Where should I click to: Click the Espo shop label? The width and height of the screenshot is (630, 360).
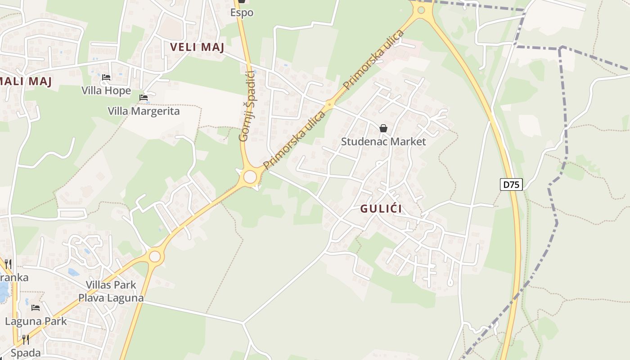pyautogui.click(x=242, y=13)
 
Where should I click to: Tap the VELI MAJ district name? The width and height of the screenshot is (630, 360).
pyautogui.click(x=197, y=47)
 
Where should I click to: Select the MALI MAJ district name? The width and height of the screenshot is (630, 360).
pyautogui.click(x=26, y=81)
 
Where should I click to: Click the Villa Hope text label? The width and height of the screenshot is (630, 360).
pyautogui.click(x=106, y=90)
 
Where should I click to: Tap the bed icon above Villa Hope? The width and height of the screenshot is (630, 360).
pyautogui.click(x=106, y=77)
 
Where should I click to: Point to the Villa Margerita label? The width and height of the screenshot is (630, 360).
pyautogui.click(x=144, y=111)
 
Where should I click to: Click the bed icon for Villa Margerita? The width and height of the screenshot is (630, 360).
pyautogui.click(x=144, y=98)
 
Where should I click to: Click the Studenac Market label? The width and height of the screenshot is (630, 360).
pyautogui.click(x=383, y=141)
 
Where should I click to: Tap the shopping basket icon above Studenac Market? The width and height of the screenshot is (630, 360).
pyautogui.click(x=383, y=129)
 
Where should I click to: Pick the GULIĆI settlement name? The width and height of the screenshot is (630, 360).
pyautogui.click(x=381, y=209)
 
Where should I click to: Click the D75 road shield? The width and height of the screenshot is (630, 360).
pyautogui.click(x=511, y=184)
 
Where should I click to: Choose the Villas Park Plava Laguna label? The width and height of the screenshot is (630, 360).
pyautogui.click(x=111, y=291)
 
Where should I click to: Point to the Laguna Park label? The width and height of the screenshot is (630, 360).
pyautogui.click(x=36, y=321)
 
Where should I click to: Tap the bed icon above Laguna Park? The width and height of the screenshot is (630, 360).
pyautogui.click(x=36, y=308)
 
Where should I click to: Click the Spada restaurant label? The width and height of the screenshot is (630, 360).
pyautogui.click(x=26, y=353)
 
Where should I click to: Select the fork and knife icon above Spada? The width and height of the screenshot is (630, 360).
pyautogui.click(x=26, y=340)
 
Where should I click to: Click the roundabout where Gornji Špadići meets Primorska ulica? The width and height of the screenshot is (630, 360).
pyautogui.click(x=250, y=176)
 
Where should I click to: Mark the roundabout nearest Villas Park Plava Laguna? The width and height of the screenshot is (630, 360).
pyautogui.click(x=154, y=256)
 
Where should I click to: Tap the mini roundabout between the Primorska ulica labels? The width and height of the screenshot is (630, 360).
pyautogui.click(x=330, y=105)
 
